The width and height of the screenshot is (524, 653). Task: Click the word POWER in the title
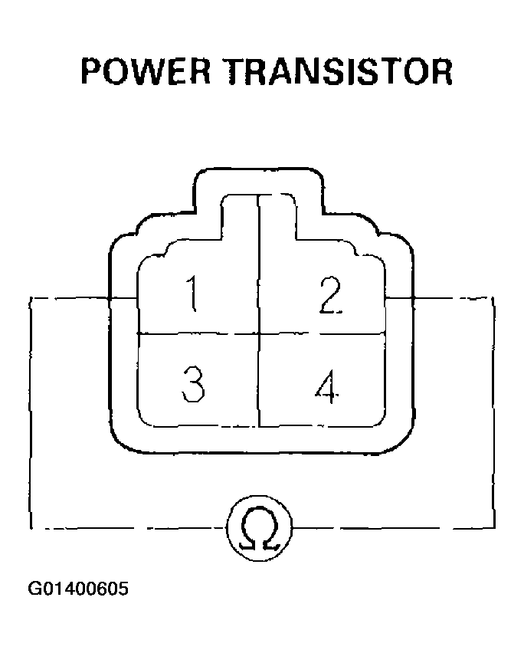click(146, 71)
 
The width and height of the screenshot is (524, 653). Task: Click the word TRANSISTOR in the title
click(340, 71)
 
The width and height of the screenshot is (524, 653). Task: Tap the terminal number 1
click(192, 294)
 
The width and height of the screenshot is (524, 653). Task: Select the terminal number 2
click(330, 295)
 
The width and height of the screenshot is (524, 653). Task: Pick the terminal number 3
click(193, 384)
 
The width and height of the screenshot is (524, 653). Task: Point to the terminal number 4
click(327, 386)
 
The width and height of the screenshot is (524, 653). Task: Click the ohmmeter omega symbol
click(259, 528)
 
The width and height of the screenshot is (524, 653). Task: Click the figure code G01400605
click(78, 589)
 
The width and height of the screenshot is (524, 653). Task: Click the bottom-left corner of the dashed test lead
click(31, 528)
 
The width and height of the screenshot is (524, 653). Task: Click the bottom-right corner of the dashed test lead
click(494, 527)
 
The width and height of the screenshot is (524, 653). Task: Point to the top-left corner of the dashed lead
click(31, 298)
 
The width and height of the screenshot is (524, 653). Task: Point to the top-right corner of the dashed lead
click(493, 298)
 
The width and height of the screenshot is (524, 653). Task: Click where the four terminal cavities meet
click(259, 333)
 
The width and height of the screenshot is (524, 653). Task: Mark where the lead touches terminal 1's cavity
click(138, 298)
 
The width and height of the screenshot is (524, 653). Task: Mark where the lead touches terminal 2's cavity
click(385, 298)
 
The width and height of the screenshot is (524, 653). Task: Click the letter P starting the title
click(90, 71)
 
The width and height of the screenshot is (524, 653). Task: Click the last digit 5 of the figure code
click(123, 589)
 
